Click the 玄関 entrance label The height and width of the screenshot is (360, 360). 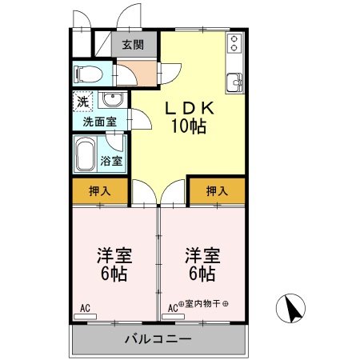(x=134, y=45)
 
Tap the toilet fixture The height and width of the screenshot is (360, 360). (x=86, y=74)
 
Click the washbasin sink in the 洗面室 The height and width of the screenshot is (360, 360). (x=112, y=101)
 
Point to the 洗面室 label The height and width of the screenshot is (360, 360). (x=100, y=122)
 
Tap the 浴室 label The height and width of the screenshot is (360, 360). (x=111, y=161)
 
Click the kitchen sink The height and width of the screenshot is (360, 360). (x=234, y=82)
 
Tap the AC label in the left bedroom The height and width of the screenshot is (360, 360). (x=85, y=306)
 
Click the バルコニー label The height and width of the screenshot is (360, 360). (x=158, y=339)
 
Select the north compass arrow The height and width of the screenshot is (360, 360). (x=292, y=307)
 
